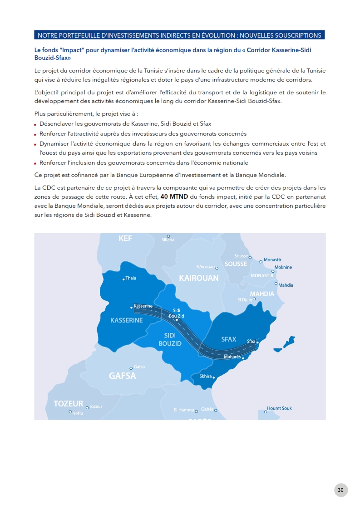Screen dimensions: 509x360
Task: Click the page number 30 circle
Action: tap(340, 490)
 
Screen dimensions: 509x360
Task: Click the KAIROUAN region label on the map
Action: tap(199, 278)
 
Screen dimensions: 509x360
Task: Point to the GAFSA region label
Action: tap(122, 376)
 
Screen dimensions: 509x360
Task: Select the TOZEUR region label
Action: tap(69, 403)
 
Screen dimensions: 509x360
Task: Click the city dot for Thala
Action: tap(123, 279)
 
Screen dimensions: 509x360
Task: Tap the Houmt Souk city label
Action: tap(279, 408)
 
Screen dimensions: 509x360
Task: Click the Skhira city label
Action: tap(206, 376)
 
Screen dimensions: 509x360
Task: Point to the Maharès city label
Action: tap(232, 357)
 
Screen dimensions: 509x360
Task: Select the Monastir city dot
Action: tap(261, 262)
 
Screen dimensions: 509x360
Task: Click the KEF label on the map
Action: tap(125, 239)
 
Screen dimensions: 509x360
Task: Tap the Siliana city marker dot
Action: tap(168, 236)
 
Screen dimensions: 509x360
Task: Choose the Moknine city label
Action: tap(283, 267)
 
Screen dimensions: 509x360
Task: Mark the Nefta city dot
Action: tap(70, 412)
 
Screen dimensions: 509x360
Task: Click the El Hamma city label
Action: tap(184, 410)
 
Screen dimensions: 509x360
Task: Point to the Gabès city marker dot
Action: tap(216, 411)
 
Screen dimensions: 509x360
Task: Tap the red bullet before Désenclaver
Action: tap(35, 124)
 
